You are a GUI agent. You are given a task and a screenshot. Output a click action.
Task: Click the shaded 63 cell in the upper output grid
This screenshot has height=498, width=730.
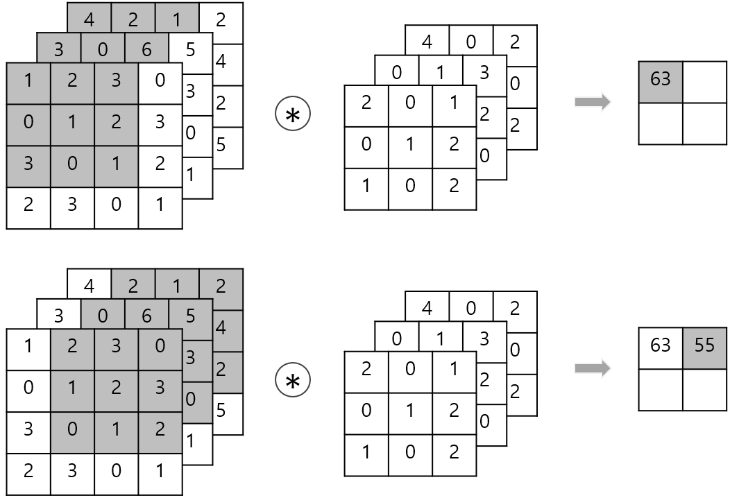[661, 80]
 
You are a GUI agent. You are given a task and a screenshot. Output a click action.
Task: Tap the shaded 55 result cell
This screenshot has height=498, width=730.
[704, 346]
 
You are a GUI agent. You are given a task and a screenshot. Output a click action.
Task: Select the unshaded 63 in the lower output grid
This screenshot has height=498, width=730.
[661, 346]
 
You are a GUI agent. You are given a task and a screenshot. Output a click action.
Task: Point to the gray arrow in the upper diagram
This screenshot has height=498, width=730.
[592, 103]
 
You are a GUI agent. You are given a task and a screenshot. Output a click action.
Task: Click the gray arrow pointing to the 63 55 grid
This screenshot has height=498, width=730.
[592, 368]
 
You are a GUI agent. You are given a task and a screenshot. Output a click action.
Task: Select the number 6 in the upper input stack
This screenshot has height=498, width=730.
[146, 50]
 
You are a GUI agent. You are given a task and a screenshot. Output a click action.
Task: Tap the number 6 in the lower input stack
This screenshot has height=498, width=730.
[146, 316]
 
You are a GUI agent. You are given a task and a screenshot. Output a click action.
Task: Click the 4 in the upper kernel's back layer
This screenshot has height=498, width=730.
[427, 42]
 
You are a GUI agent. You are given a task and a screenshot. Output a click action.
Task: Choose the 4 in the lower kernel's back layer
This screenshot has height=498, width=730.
[427, 308]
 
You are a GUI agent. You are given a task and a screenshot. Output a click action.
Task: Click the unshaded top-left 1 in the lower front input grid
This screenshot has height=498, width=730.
[28, 347]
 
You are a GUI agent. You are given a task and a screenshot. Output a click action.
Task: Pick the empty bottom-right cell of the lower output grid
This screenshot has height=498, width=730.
[704, 389]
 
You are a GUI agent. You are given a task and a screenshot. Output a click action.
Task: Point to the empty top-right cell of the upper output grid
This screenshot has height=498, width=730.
[704, 80]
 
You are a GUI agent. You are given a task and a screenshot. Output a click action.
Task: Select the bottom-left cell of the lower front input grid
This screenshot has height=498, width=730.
[28, 473]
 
